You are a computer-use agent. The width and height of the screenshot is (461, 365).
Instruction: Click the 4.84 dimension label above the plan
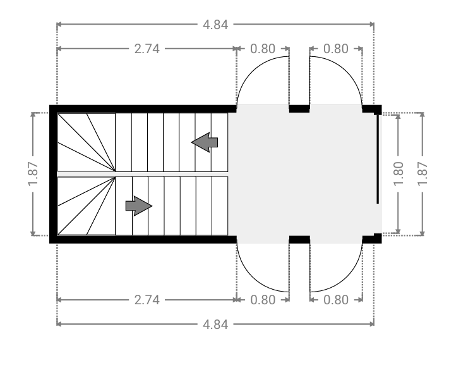[215, 25]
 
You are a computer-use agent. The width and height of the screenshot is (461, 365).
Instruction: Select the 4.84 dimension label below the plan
[215, 325]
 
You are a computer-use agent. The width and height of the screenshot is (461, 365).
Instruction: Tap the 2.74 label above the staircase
[147, 49]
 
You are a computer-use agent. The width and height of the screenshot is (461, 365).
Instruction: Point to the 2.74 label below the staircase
[147, 300]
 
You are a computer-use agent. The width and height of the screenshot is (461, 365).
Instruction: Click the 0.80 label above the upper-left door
[263, 49]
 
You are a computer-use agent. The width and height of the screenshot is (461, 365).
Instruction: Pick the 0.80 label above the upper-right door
[336, 49]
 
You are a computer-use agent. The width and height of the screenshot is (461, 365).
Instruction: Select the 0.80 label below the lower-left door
[263, 300]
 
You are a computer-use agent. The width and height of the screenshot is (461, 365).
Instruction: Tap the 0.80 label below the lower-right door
[336, 300]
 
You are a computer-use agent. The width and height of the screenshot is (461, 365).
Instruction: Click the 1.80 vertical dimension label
[398, 174]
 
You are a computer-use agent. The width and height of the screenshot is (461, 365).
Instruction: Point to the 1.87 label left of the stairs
[33, 174]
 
